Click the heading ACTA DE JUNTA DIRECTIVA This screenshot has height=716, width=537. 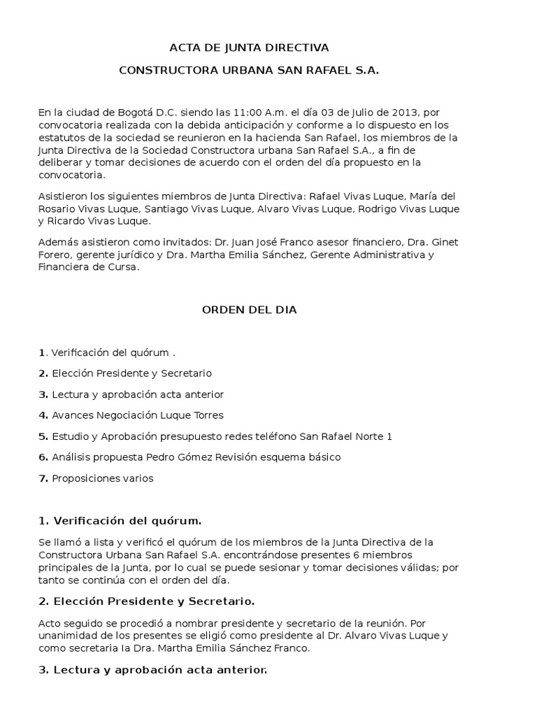coord(250,48)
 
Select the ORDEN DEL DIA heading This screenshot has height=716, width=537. coord(250,310)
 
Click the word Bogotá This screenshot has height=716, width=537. coord(108,112)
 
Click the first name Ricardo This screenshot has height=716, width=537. coord(68,222)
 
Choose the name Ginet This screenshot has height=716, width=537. coord(443,242)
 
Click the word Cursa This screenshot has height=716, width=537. coord(122,267)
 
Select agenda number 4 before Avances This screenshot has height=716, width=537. coord(43,415)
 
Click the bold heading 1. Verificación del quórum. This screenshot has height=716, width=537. coord(120,520)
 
